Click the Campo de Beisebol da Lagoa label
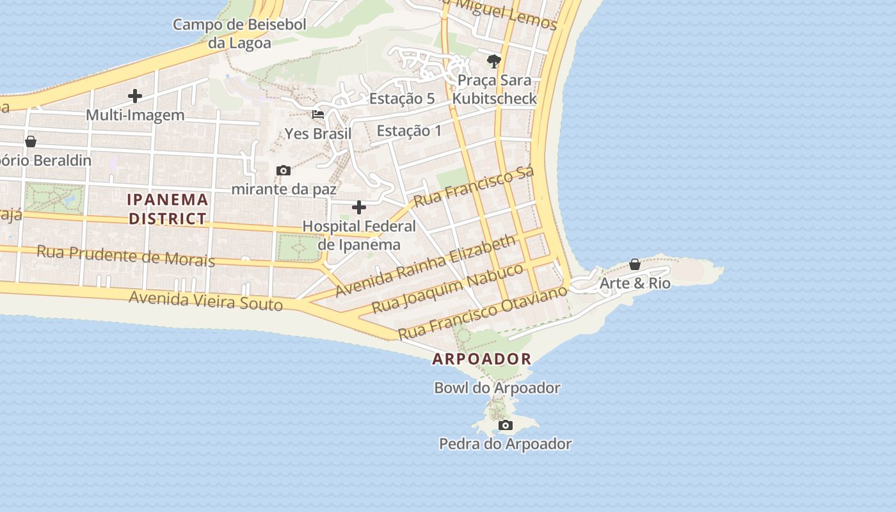239,34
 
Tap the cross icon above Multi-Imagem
135,96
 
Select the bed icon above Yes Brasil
318,115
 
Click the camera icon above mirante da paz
284,170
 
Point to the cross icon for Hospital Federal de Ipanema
359,207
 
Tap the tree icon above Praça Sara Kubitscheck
493,61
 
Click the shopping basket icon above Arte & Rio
635,264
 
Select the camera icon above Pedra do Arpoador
505,425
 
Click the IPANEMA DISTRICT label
168,209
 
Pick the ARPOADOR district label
482,359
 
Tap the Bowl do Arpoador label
497,388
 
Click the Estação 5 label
402,99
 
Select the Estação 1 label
409,131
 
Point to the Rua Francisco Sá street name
474,186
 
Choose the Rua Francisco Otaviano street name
483,313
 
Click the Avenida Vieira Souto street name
205,300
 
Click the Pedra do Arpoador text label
505,444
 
